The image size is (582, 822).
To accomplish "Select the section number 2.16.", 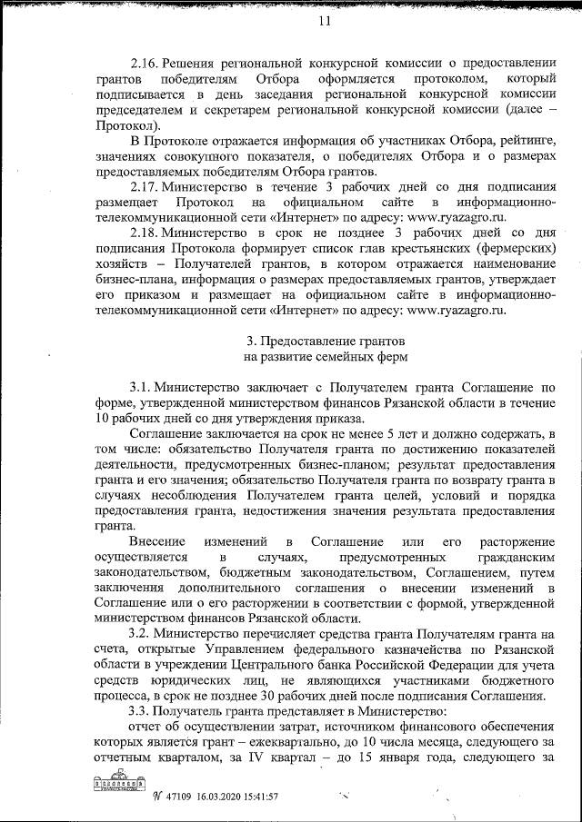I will [x=145, y=63].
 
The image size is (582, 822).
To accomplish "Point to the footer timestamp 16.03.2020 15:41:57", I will [x=237, y=797].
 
